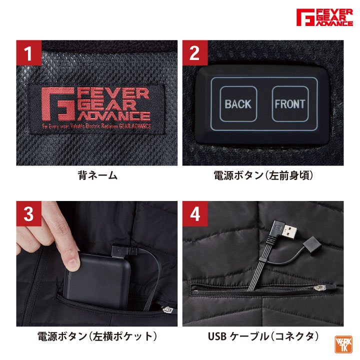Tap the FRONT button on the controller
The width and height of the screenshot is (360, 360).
[x=289, y=104]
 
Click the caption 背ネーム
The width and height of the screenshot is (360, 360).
[x=97, y=175]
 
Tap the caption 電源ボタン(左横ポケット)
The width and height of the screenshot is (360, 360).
[x=97, y=336]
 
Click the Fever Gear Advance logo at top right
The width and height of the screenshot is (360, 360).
[x=324, y=18]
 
